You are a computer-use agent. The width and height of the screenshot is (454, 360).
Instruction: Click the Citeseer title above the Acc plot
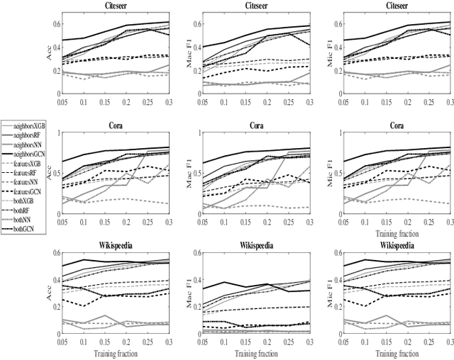coord(105,6)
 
